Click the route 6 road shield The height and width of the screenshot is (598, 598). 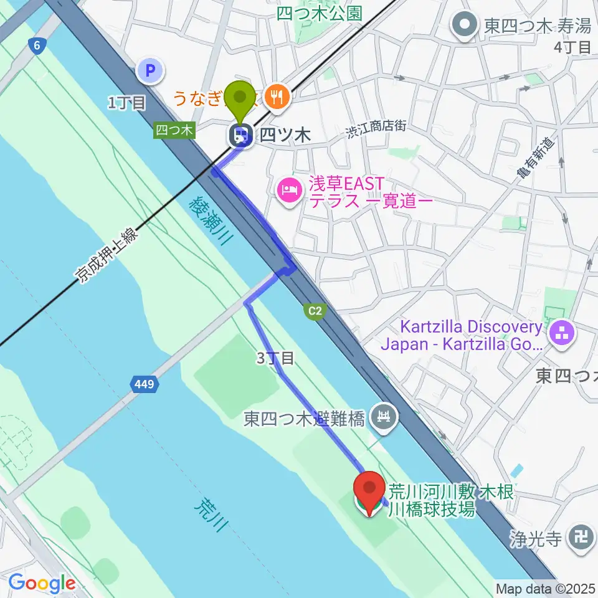tap(37, 45)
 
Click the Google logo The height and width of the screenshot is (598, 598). tap(42, 583)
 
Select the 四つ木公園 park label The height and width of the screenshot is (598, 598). tap(319, 14)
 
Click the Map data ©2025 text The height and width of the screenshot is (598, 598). tap(545, 588)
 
